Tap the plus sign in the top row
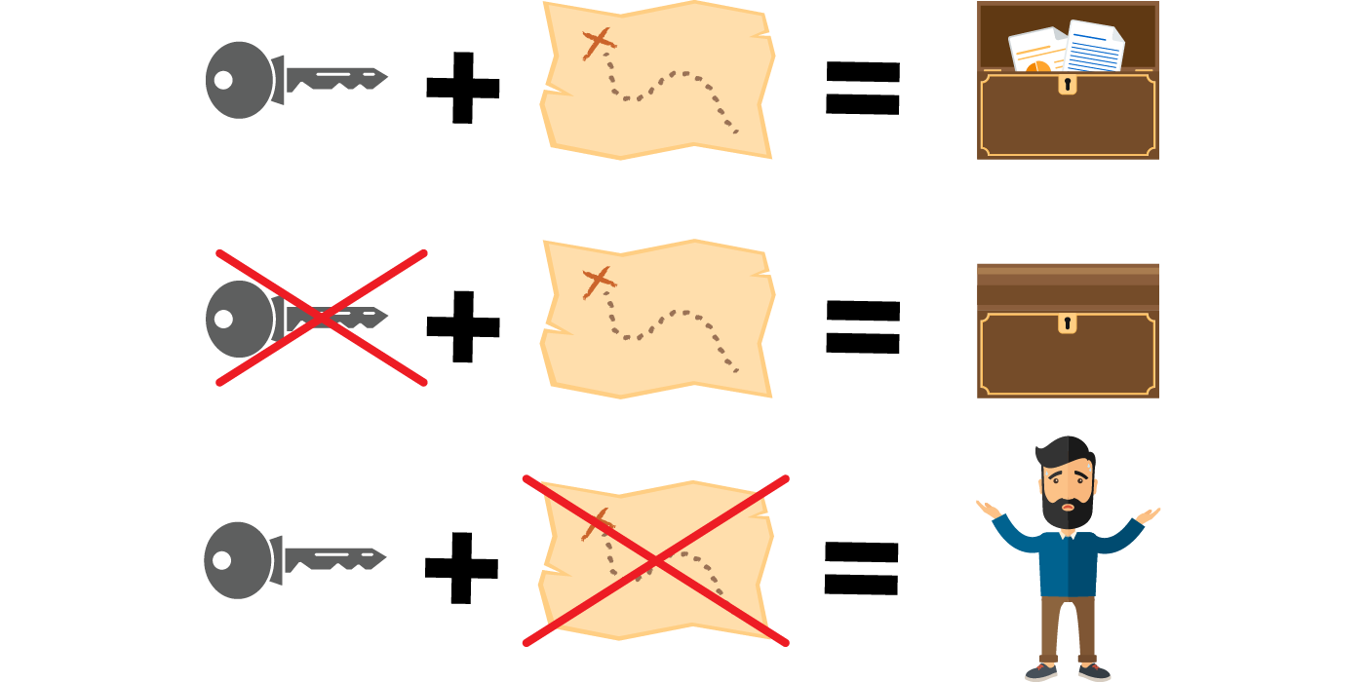(x=463, y=88)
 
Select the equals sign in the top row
(x=862, y=88)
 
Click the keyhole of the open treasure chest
(x=1068, y=85)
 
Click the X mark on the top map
(x=600, y=42)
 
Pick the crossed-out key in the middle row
(x=292, y=318)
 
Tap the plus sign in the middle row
(x=463, y=326)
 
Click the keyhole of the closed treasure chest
(x=1068, y=322)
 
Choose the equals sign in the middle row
(x=862, y=326)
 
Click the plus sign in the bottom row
(x=462, y=567)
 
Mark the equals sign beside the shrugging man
(x=861, y=568)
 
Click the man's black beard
(x=1069, y=511)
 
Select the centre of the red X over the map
(x=655, y=561)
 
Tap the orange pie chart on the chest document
(x=1037, y=66)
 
